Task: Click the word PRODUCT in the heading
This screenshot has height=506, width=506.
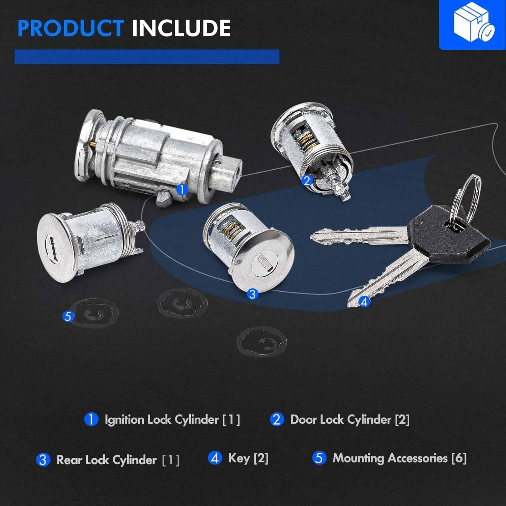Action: click(x=71, y=28)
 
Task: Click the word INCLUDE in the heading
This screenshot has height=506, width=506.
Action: click(x=181, y=28)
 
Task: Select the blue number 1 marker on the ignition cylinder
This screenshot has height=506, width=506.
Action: click(x=182, y=189)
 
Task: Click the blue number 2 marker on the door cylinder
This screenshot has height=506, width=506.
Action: click(x=307, y=181)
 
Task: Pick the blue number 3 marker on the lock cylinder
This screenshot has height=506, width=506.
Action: click(x=252, y=294)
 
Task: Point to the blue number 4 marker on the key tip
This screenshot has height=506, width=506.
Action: click(x=364, y=301)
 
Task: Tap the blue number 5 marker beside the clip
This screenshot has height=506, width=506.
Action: click(x=68, y=316)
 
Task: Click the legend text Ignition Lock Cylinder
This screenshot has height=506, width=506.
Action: click(x=162, y=420)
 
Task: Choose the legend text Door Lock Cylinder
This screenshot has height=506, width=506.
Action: click(x=341, y=420)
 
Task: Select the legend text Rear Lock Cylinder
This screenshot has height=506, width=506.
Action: click(x=107, y=460)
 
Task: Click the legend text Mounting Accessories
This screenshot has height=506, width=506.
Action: click(x=390, y=458)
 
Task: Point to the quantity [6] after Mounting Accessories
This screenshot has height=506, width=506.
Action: click(x=459, y=458)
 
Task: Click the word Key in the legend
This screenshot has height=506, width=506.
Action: click(x=239, y=458)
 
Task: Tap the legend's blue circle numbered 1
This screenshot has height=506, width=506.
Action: click(x=91, y=420)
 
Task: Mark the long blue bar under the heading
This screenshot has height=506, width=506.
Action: click(x=147, y=57)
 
